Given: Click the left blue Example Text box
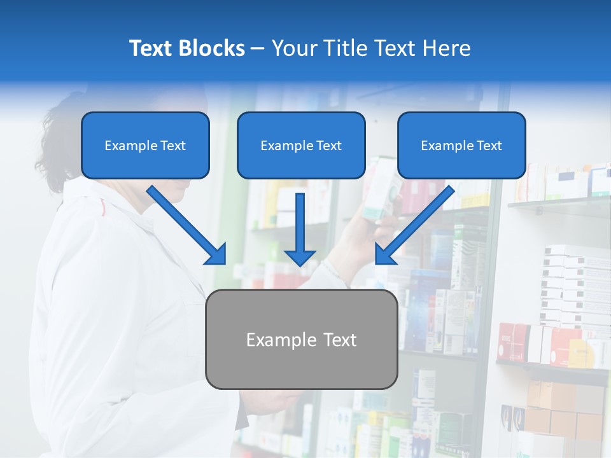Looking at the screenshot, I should [x=145, y=146].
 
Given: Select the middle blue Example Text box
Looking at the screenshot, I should [x=301, y=146].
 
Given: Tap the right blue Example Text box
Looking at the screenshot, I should [x=461, y=146].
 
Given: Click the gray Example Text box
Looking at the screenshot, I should [x=301, y=340].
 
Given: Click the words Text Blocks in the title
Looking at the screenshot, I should [x=186, y=48].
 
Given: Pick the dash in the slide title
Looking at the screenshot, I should [x=258, y=48].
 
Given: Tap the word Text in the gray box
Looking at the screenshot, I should [x=340, y=340].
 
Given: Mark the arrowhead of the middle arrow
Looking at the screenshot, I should [x=300, y=258].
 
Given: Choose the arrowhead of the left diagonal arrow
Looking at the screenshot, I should [x=216, y=254].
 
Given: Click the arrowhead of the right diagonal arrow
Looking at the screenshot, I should [x=385, y=254].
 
